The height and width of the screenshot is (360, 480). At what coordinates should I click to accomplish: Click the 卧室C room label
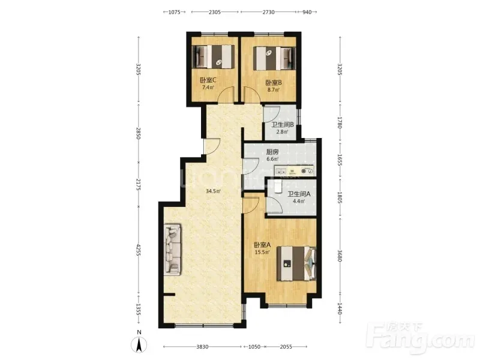(208, 80)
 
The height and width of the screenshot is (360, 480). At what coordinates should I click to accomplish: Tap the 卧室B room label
(274, 83)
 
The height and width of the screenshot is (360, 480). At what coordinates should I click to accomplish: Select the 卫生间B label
(283, 125)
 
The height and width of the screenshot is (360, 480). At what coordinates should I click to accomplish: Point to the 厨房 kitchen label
(272, 152)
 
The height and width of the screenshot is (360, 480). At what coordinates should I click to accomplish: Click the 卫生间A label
(299, 194)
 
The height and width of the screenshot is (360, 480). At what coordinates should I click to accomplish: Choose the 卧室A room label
(262, 245)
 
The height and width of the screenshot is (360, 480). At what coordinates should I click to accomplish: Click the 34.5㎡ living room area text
(213, 191)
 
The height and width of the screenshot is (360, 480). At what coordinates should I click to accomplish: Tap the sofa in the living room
(172, 249)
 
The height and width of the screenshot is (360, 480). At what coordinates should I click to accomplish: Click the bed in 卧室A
(296, 263)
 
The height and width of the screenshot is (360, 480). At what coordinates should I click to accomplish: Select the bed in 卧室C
(213, 57)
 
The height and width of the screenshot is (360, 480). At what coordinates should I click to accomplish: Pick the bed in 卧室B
(275, 58)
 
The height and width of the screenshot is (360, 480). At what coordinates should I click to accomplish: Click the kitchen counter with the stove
(294, 170)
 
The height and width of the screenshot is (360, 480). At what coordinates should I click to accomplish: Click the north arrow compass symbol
(139, 344)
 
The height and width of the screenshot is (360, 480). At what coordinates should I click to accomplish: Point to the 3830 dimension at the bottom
(202, 347)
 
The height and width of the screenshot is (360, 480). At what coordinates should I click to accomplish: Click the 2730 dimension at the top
(268, 12)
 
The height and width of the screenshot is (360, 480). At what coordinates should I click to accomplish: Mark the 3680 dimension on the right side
(340, 256)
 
